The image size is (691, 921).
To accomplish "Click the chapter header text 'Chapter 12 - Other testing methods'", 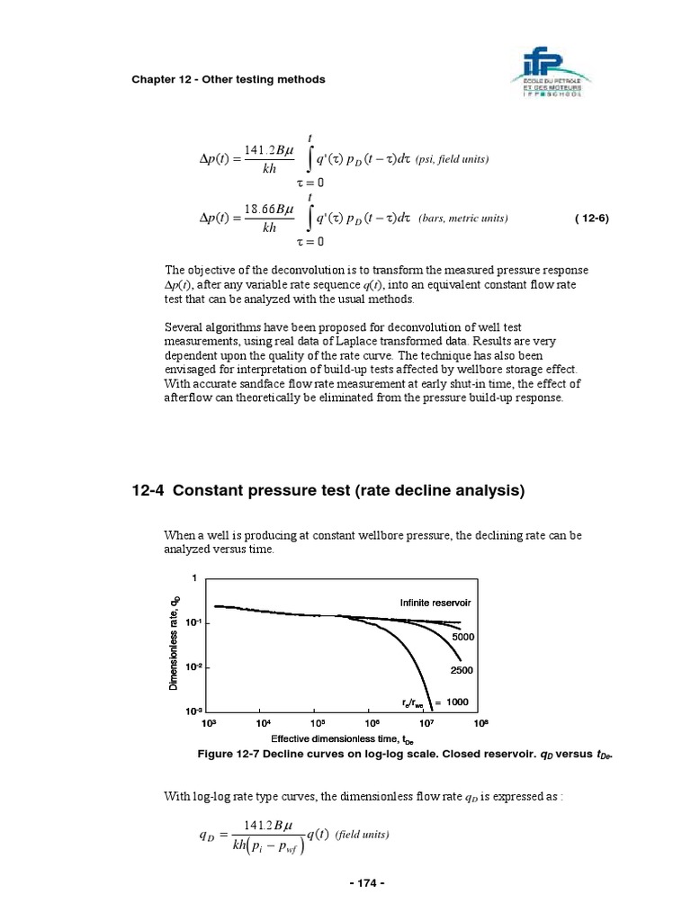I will coord(229,80).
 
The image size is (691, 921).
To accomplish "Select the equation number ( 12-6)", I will coord(591,219).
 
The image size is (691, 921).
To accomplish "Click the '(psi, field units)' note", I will coord(452,159).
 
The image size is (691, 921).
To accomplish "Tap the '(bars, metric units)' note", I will coord(462,219).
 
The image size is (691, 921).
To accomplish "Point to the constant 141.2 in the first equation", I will coord(261,148).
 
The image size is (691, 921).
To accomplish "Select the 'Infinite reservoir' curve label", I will coord(435,602).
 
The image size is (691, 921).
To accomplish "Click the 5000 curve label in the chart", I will coord(463,637).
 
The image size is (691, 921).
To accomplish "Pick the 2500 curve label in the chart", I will coord(462,671).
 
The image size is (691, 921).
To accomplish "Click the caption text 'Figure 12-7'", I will coord(231,754).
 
